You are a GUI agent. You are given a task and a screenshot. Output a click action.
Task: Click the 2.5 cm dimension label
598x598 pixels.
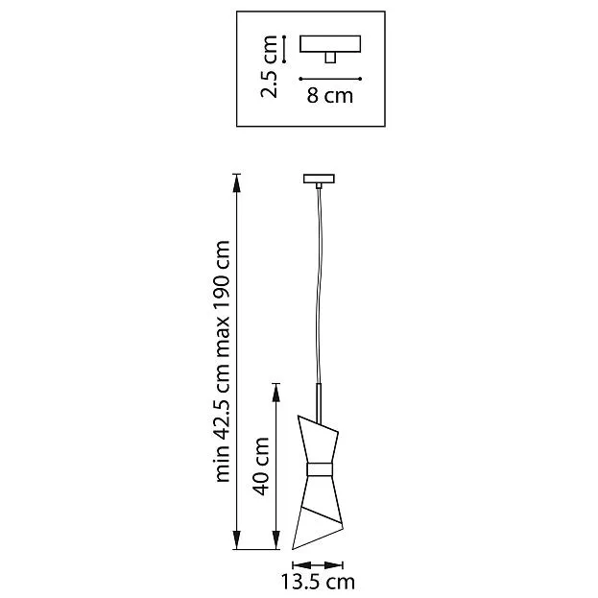pyautogui.click(x=269, y=67)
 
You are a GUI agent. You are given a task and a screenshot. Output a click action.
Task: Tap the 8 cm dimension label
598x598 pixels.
pyautogui.click(x=330, y=95)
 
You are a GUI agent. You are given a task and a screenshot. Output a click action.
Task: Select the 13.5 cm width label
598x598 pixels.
pyautogui.click(x=318, y=582)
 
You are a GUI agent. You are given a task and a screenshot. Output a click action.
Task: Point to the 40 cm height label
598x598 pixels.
pyautogui.click(x=262, y=466)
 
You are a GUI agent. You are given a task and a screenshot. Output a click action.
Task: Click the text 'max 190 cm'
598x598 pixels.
pyautogui.click(x=223, y=299)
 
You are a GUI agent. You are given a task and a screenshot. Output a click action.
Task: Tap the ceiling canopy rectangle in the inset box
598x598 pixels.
pyautogui.click(x=330, y=44)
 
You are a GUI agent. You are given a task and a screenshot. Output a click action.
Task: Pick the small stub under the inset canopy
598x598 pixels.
pyautogui.click(x=330, y=58)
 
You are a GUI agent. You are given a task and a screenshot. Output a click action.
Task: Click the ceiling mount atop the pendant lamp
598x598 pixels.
pyautogui.click(x=319, y=179)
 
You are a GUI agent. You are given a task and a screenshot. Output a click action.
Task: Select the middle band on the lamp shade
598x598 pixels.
pyautogui.click(x=320, y=469)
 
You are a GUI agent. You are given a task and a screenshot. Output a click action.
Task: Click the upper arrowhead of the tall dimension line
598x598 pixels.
pyautogui.click(x=237, y=184)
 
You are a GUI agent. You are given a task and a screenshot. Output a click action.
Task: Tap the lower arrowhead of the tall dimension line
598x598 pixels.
pyautogui.click(x=237, y=539)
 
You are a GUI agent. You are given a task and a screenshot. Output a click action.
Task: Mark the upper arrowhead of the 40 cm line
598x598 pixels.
pyautogui.click(x=275, y=394)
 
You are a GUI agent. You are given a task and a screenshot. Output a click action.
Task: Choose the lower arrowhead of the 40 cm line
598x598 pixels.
pyautogui.click(x=275, y=539)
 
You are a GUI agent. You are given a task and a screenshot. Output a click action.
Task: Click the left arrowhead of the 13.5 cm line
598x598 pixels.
pyautogui.click(x=302, y=564)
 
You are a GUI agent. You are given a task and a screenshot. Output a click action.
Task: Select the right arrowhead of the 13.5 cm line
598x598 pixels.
pyautogui.click(x=333, y=564)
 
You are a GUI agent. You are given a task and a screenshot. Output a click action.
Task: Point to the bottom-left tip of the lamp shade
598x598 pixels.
pyautogui.click(x=293, y=549)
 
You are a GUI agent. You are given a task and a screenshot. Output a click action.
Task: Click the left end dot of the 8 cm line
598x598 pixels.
pyautogui.click(x=300, y=79)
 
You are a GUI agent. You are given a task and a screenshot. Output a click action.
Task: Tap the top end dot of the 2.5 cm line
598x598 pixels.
pyautogui.click(x=284, y=36)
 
